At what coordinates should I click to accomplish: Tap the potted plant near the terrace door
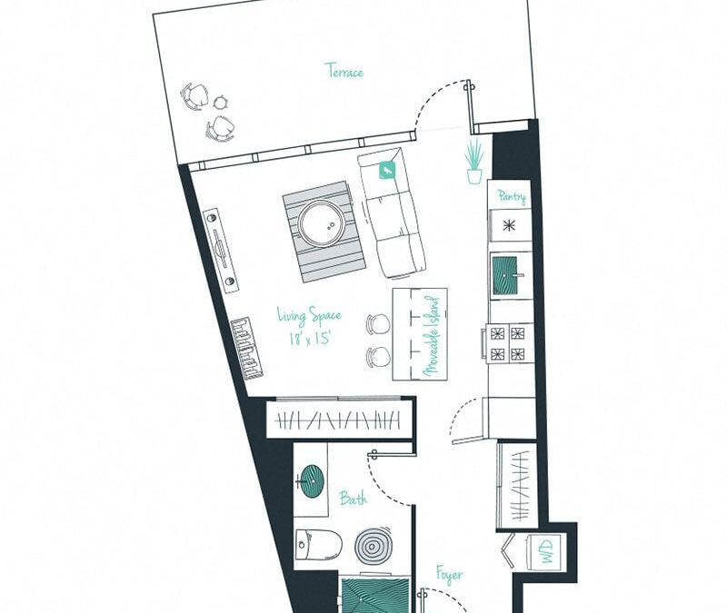474,162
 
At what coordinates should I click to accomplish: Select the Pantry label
511,195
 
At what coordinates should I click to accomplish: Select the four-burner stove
509,342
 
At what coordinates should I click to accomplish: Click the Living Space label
309,316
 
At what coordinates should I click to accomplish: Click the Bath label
353,498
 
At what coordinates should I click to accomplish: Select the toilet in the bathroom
318,543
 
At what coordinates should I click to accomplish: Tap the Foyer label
448,575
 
